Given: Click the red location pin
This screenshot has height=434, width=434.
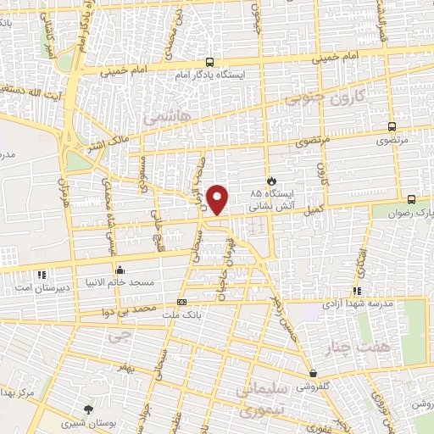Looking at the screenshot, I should point(218,198).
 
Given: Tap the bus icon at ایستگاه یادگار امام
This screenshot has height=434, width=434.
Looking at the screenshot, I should point(209,62).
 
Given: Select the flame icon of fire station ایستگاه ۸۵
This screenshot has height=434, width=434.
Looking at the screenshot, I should point(271,181).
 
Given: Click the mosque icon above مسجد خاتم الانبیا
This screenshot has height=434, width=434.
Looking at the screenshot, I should point(119,270).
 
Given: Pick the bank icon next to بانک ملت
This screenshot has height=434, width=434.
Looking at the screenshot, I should point(181,302).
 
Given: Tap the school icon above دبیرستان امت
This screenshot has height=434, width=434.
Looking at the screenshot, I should point(42,274).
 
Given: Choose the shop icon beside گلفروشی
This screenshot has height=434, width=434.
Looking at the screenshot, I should point(314,373).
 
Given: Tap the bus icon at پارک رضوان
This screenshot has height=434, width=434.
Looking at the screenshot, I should point(411,199).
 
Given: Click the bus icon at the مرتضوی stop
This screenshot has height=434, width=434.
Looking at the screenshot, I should point(391,125).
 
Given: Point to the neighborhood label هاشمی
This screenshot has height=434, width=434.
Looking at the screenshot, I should point(166,114).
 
